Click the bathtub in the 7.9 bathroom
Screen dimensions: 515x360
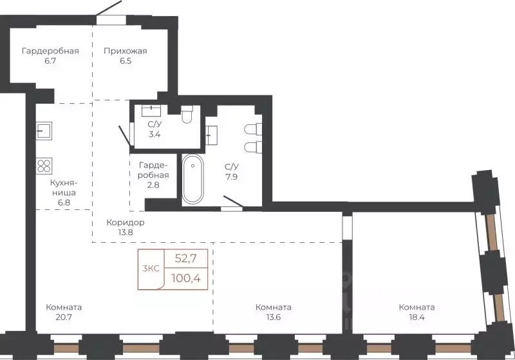[192, 179]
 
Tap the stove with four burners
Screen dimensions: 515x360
[44, 166]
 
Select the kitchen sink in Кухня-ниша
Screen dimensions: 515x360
[44, 131]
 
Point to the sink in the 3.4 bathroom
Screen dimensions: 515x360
[151, 111]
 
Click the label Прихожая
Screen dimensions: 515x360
[125, 51]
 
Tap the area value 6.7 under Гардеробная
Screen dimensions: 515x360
[50, 61]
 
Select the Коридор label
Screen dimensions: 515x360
[126, 222]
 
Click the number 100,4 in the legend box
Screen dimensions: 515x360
[186, 279]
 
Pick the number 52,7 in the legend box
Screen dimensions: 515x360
[185, 259]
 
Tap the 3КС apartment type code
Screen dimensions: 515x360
[151, 269]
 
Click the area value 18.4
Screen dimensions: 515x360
[417, 317]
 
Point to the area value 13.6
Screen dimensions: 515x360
[273, 317]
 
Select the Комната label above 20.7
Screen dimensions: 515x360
[64, 307]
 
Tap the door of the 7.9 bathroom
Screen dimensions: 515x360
[232, 203]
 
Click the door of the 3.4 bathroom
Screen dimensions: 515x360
[126, 135]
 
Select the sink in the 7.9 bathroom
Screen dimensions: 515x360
[212, 135]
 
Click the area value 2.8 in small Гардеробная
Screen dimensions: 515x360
[153, 185]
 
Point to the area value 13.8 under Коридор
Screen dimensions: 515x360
[126, 232]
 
